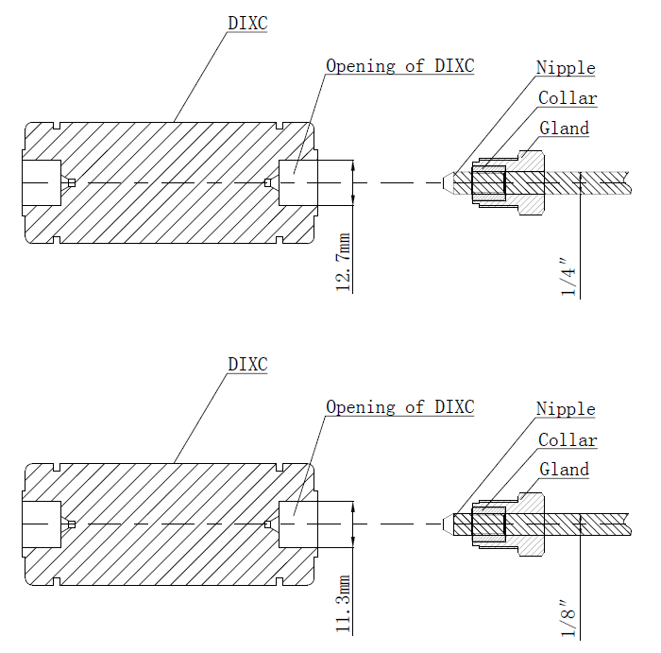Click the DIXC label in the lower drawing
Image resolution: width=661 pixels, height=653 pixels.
247,364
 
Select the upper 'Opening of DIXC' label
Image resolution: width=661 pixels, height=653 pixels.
399,66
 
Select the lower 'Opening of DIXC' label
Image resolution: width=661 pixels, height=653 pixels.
399,407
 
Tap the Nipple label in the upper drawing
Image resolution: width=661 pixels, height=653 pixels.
566,68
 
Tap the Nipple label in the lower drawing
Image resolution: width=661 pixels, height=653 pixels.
566,409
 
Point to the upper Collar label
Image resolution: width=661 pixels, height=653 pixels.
568,98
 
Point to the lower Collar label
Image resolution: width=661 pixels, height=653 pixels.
568,440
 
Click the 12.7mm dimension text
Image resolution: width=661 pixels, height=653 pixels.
344,262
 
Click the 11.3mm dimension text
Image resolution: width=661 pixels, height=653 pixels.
344,604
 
